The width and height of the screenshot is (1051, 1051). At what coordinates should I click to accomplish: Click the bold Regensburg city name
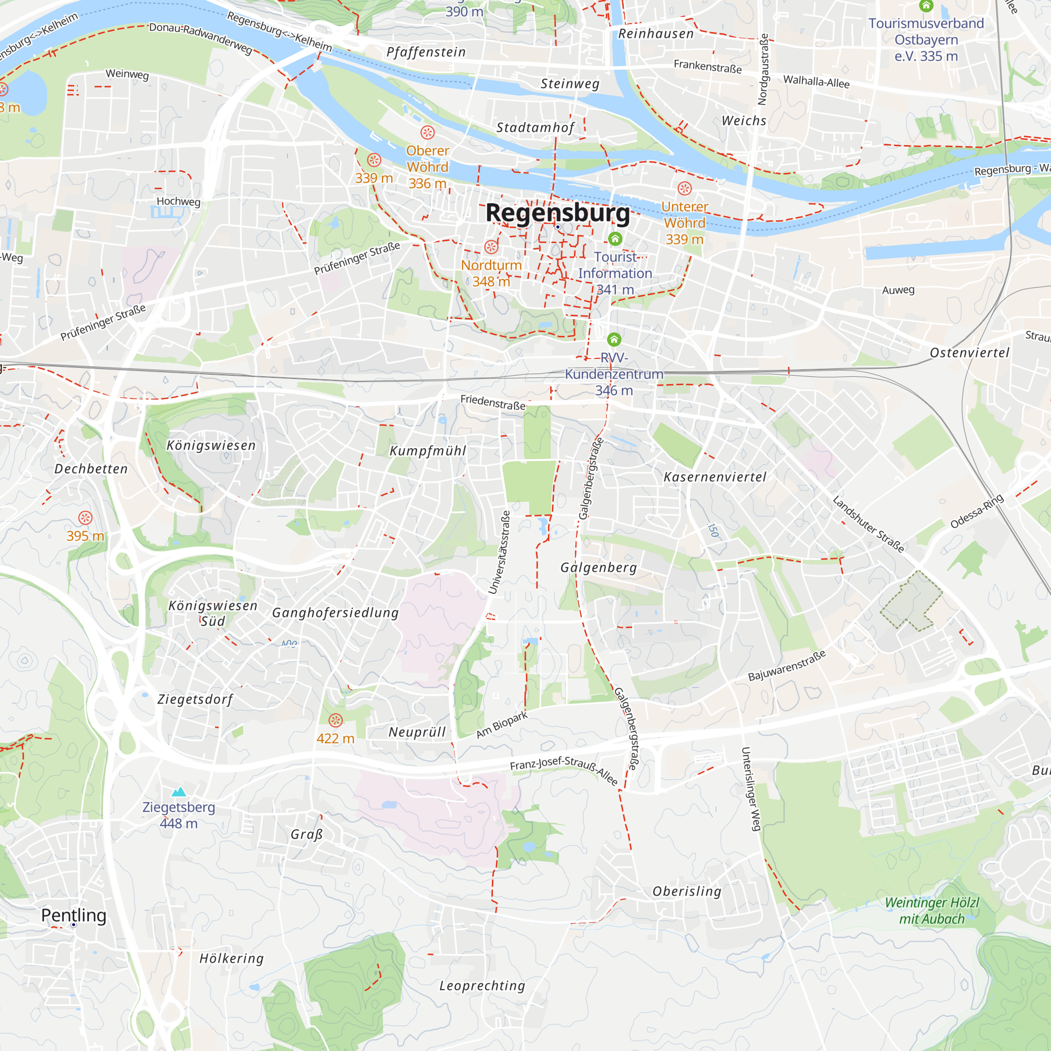[x=557, y=213]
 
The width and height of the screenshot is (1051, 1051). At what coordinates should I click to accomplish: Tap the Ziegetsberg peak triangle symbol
[x=179, y=792]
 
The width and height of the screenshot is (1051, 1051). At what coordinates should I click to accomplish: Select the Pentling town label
[x=74, y=915]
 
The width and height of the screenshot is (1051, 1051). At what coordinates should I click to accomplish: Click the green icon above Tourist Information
[x=615, y=239]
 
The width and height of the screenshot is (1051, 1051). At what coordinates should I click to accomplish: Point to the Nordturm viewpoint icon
[x=491, y=247]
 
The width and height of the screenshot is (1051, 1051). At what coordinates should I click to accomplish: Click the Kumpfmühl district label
[x=428, y=451]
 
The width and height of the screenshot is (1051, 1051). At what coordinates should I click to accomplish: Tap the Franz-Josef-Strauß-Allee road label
[x=564, y=770]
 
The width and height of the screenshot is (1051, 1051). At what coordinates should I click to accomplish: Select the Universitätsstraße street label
[x=499, y=552]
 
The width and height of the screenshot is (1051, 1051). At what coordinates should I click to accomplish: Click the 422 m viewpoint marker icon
[x=336, y=720]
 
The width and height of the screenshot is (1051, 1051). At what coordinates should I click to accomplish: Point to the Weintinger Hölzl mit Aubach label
[x=931, y=911]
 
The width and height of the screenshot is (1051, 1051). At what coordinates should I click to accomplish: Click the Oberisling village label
[x=686, y=891]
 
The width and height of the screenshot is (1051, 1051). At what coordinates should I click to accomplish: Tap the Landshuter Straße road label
[x=868, y=524]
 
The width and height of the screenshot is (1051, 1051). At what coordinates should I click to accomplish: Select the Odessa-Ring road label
[x=976, y=511]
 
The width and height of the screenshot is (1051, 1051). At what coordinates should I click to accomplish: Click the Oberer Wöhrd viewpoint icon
[x=428, y=132]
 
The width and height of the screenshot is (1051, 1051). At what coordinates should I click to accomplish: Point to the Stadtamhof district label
[x=535, y=128]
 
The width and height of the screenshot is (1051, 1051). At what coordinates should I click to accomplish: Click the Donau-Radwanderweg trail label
[x=201, y=38]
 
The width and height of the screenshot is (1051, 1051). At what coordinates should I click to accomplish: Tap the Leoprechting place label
[x=482, y=986]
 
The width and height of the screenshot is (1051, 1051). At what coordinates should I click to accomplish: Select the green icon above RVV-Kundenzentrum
[x=614, y=339]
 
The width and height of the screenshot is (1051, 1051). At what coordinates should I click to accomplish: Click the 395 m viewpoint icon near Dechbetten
[x=85, y=517]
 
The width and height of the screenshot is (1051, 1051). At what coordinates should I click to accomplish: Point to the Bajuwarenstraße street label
[x=787, y=665]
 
